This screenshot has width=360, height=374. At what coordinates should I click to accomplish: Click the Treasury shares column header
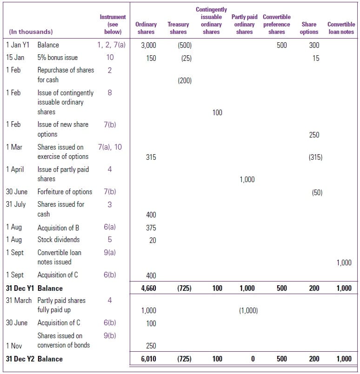click(x=178, y=28)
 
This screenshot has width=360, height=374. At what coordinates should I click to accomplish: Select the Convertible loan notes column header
click(x=341, y=28)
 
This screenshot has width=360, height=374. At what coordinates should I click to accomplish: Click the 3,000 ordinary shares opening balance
click(x=148, y=46)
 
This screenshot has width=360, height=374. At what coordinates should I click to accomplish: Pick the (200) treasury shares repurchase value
click(x=184, y=81)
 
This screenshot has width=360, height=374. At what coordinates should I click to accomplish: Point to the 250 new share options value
click(x=314, y=135)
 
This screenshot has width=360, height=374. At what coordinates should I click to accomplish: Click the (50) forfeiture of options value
click(x=317, y=192)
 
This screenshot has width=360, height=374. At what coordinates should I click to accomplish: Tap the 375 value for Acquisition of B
click(x=151, y=228)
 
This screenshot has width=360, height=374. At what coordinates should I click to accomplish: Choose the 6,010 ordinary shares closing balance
click(x=148, y=359)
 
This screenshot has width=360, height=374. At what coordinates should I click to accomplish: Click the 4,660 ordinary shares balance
click(x=148, y=288)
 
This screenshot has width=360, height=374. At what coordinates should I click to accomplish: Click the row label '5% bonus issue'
click(x=58, y=58)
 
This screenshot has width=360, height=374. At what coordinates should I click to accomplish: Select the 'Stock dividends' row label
click(x=59, y=240)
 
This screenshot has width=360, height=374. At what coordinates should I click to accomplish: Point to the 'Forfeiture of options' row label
click(x=65, y=191)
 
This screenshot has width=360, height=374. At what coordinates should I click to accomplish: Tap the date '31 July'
click(x=16, y=204)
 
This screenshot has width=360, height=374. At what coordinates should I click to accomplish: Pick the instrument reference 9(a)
click(x=110, y=252)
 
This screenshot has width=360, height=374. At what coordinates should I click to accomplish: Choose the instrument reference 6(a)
click(x=110, y=228)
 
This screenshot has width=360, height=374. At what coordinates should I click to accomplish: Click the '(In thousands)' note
click(x=31, y=32)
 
